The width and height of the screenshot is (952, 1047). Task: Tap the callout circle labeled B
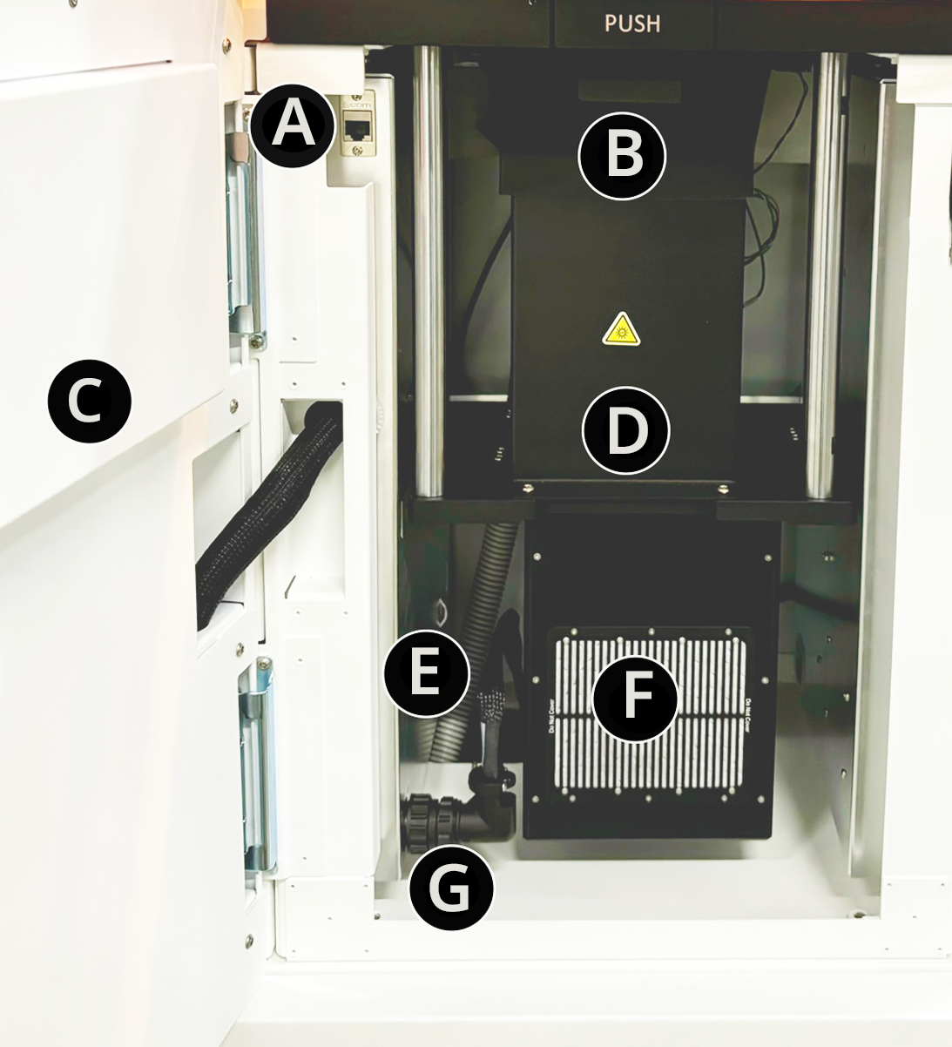point(623,156)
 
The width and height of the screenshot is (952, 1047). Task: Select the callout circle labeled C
point(89,402)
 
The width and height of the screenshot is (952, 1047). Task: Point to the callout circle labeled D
point(626,430)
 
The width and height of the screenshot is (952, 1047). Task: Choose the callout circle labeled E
point(427,673)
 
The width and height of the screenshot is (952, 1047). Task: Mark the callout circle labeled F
point(636,699)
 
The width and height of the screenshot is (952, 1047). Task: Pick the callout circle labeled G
point(451,888)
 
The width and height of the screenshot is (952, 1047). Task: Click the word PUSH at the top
point(632,24)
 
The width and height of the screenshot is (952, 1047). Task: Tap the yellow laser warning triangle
point(621,329)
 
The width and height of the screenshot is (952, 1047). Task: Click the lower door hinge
point(256,767)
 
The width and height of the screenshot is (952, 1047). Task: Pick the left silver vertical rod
point(428,270)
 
